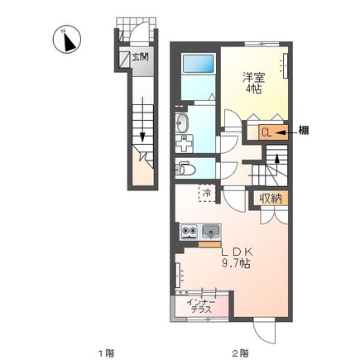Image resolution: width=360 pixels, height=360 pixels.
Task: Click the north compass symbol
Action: coord(67,40)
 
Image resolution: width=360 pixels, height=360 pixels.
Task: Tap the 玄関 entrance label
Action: coord(140,57)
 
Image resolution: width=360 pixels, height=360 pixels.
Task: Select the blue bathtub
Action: coord(199,64)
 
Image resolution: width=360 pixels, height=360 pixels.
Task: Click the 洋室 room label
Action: coord(253,78)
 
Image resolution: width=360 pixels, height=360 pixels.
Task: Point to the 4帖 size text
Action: coord(253,89)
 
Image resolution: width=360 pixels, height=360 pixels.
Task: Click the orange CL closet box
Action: coord(273,132)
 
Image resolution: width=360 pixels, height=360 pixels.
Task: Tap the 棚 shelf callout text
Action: coord(304,130)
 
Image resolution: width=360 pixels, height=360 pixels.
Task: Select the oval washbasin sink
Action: coord(182,123)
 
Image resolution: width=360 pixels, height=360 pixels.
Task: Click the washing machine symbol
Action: coord(184,143)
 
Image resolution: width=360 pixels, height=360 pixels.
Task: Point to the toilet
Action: coord(185,169)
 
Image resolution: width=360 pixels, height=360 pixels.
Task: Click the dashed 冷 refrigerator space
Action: coord(207,193)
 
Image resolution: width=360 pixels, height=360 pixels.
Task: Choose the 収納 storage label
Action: coord(271,198)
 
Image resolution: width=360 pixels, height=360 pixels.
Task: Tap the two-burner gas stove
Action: coord(189,232)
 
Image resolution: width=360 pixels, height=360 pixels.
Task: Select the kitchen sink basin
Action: coord(211,232)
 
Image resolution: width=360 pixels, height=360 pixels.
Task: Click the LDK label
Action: coord(238,252)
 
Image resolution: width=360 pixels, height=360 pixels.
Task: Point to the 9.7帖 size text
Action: coord(237,264)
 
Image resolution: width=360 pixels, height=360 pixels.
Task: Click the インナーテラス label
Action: coord(201,305)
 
